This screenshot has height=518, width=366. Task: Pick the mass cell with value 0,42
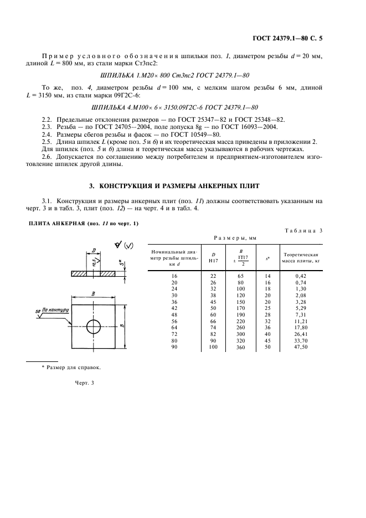(x=301, y=275)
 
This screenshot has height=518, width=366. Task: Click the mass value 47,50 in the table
(x=301, y=346)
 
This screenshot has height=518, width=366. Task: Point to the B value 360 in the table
(x=241, y=346)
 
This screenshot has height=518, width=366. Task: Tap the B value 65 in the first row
(x=241, y=275)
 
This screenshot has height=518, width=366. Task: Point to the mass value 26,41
(x=301, y=334)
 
